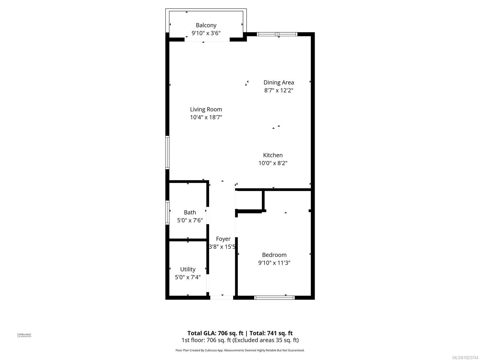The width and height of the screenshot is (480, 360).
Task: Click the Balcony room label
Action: pos(206,25)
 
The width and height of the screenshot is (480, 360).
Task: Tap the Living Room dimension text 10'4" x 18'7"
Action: pos(206,117)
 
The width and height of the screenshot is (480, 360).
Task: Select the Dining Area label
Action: pos(278,82)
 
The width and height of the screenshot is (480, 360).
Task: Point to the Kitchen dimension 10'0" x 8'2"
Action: pos(273,163)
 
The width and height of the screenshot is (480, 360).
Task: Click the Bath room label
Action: pos(190,212)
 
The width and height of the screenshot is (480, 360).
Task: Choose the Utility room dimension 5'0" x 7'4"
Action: pos(188,277)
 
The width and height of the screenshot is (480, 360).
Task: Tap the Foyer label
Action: pos(223,239)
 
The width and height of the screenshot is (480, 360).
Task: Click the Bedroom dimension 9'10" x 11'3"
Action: pos(274,263)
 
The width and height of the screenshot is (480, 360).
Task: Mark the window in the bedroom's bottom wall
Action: pos(274,298)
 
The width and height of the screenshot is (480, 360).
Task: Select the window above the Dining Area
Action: pos(277,34)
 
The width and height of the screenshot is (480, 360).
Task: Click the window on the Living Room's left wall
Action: pos(167,152)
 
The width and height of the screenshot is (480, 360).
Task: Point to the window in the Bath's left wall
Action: pos(167,212)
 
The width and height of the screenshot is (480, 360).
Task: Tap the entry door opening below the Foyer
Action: pos(222,298)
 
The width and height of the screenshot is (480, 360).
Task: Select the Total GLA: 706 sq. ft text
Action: pos(215,333)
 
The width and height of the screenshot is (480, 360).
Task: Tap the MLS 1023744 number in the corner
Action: pos(465,358)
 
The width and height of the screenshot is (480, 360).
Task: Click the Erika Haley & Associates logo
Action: pos(24,335)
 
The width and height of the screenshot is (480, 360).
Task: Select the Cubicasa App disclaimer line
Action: pos(240,350)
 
